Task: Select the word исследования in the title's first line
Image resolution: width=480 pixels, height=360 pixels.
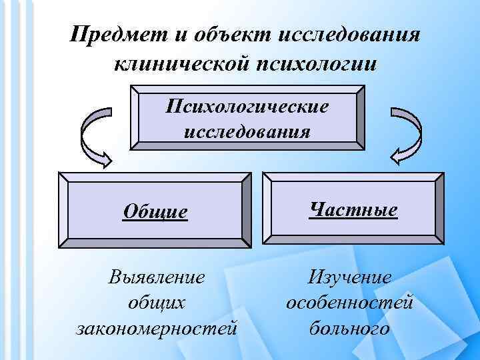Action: (x=349, y=34)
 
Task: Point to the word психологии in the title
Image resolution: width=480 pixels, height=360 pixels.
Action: (x=312, y=65)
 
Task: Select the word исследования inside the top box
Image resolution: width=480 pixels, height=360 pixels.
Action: (x=247, y=129)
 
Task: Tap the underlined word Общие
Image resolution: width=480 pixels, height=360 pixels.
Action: (x=155, y=212)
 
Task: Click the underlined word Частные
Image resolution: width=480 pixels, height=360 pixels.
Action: (x=353, y=210)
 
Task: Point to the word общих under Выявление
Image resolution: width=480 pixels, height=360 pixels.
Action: (x=157, y=303)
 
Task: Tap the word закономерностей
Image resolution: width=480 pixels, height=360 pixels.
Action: (x=157, y=328)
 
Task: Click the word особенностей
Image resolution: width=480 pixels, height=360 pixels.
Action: (x=350, y=303)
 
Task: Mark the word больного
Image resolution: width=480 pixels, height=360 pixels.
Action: (x=350, y=328)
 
